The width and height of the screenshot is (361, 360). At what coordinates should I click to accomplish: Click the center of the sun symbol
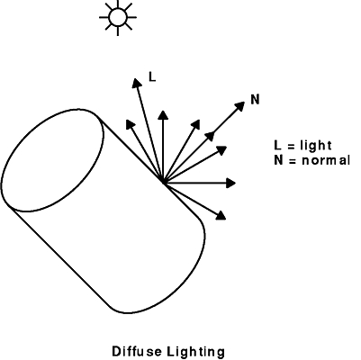[118, 17]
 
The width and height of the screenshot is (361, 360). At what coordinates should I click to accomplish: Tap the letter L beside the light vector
[152, 77]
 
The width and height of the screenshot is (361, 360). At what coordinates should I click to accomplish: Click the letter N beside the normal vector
[255, 99]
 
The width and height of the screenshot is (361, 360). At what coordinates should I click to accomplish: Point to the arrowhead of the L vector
[137, 83]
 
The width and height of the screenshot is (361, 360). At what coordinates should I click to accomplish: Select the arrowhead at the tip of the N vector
[240, 106]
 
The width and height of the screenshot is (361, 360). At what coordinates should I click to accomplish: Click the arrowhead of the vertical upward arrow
[163, 115]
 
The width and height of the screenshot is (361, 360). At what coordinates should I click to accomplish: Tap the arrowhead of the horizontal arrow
[230, 183]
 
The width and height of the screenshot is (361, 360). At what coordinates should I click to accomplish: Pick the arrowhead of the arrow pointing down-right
[221, 215]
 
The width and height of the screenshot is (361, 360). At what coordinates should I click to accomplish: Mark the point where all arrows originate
[163, 183]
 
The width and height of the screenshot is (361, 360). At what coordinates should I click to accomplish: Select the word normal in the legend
[326, 160]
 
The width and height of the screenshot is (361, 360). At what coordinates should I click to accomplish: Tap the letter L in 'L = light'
[278, 145]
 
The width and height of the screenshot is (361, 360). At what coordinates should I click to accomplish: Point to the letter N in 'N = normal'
[278, 160]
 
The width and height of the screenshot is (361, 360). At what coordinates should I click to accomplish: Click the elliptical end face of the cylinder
[53, 160]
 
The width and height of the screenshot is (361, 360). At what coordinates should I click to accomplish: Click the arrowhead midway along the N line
[210, 136]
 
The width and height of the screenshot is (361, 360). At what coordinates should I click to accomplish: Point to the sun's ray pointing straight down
[118, 31]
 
